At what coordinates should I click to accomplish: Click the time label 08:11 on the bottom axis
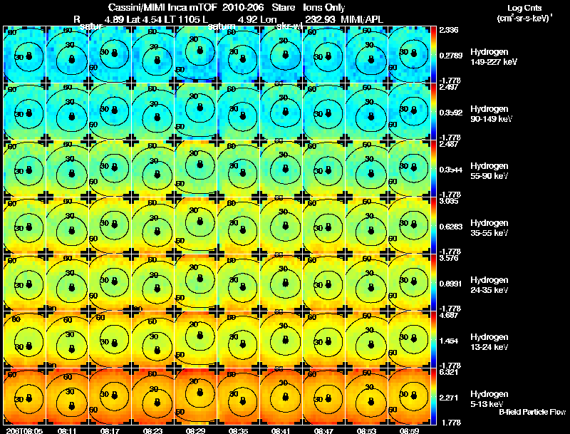(x=68, y=430)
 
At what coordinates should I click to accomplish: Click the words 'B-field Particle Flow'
(x=532, y=412)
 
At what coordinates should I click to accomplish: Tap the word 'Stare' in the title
(x=284, y=6)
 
